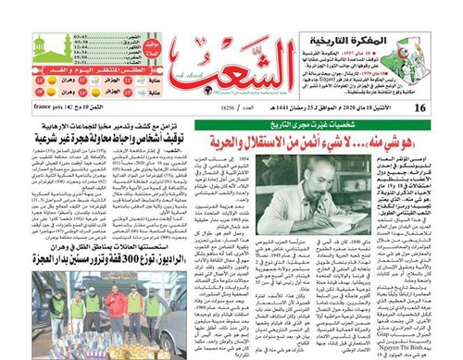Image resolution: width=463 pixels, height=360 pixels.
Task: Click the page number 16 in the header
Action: coord(446,108)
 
